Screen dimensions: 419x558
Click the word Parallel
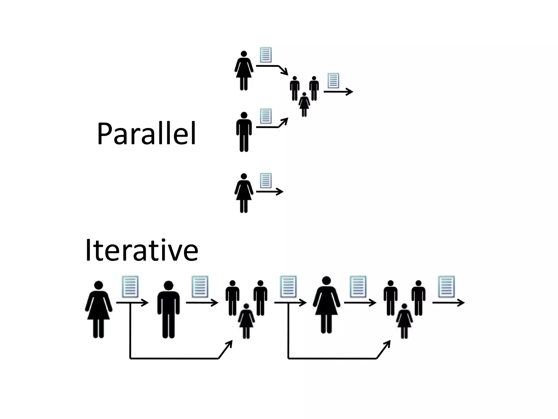146,134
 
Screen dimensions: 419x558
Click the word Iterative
141,250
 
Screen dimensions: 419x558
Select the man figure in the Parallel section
244,132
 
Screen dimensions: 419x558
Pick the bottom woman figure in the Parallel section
244,193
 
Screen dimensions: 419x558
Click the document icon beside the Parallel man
266,116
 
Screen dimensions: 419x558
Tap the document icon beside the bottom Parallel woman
266,180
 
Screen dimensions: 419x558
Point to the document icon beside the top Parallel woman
266,55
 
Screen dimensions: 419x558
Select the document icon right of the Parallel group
333,80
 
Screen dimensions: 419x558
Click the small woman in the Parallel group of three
304,104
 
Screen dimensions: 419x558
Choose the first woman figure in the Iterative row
99,309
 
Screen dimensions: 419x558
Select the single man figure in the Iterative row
168,309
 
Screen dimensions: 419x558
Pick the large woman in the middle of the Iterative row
326,305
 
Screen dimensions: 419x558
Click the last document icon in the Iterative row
446,287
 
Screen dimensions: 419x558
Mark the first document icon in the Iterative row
130,287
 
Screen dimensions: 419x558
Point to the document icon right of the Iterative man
200,287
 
